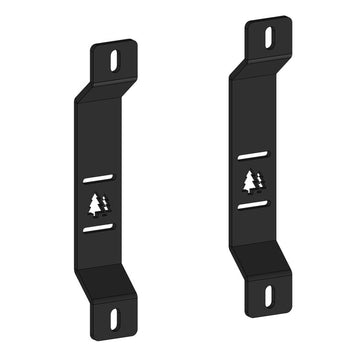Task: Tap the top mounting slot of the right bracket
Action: (x=267, y=35)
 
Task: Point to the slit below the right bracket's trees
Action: (x=252, y=204)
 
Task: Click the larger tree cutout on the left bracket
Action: (x=95, y=204)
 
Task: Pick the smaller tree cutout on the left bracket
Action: (x=104, y=205)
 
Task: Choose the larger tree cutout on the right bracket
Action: (x=249, y=181)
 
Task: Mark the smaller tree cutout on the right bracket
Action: (x=258, y=181)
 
